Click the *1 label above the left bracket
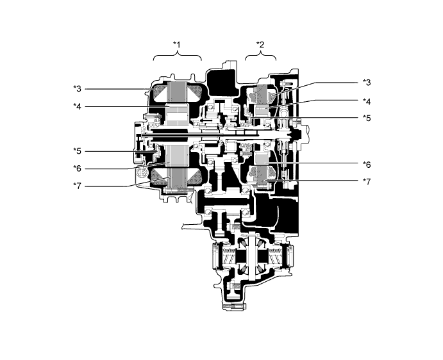click(x=176, y=44)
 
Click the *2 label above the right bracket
click(x=260, y=44)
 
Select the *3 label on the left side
click(x=77, y=88)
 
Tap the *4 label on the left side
click(x=77, y=106)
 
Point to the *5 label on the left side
click(x=77, y=151)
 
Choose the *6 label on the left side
click(x=77, y=168)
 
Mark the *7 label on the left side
click(x=77, y=186)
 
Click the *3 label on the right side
click(x=367, y=82)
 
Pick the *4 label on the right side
click(x=367, y=101)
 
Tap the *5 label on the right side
click(x=367, y=118)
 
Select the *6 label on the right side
click(x=367, y=165)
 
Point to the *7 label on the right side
click(x=367, y=181)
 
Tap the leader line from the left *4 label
click(x=125, y=106)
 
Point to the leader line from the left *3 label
click(x=117, y=89)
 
